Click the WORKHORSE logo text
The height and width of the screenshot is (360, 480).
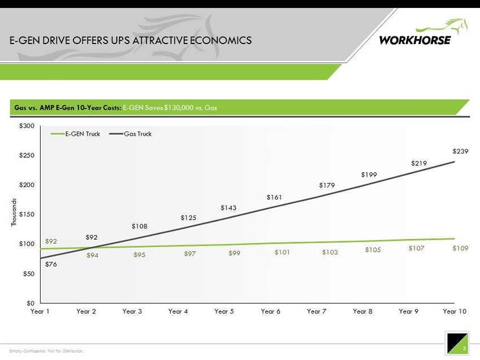point(415,40)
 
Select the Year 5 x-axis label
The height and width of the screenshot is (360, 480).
point(224,311)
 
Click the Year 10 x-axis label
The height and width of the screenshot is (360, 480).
point(455,311)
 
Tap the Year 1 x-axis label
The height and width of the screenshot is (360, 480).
point(40,311)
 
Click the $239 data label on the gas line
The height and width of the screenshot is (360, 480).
point(461,151)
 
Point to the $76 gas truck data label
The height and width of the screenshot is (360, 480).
point(51,264)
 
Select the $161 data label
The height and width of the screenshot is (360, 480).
point(274,197)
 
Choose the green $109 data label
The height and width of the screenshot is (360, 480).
point(460,248)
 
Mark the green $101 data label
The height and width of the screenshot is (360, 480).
point(282,253)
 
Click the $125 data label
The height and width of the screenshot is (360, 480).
point(188,218)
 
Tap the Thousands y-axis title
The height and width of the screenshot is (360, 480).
point(15,212)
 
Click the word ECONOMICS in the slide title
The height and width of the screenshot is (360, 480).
point(219,41)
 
